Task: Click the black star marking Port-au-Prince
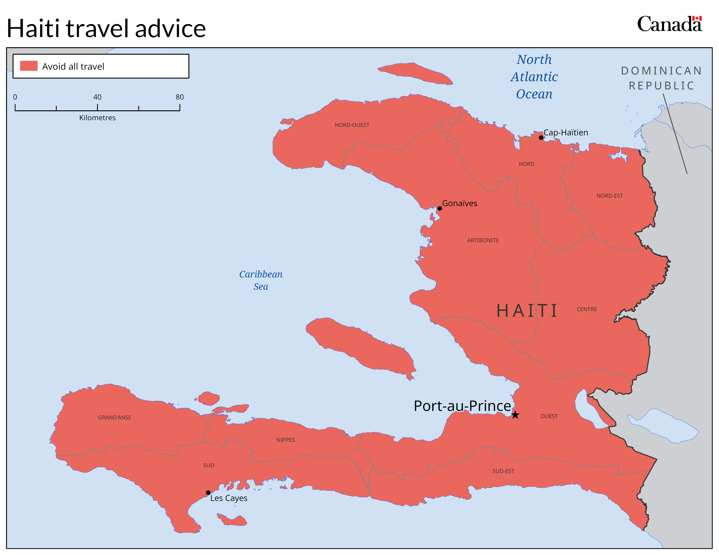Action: pyautogui.click(x=515, y=415)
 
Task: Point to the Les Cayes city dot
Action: pyautogui.click(x=208, y=493)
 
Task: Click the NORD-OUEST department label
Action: pyautogui.click(x=352, y=125)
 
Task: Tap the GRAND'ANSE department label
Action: pyautogui.click(x=115, y=417)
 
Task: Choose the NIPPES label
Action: pyautogui.click(x=285, y=440)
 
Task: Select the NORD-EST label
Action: pyautogui.click(x=609, y=196)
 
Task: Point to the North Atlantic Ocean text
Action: pyautogui.click(x=534, y=77)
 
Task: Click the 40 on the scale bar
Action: pyautogui.click(x=97, y=97)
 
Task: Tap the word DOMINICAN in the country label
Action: pyautogui.click(x=661, y=71)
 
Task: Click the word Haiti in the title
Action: pyautogui.click(x=33, y=28)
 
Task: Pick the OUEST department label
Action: pyautogui.click(x=549, y=416)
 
